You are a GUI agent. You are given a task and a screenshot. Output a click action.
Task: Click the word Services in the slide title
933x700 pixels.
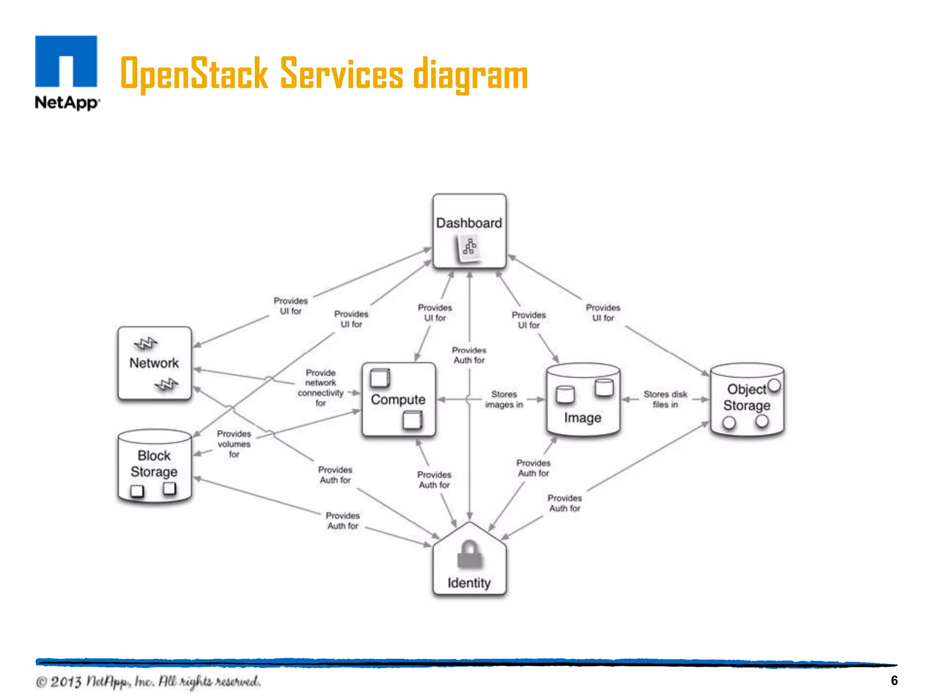(x=341, y=74)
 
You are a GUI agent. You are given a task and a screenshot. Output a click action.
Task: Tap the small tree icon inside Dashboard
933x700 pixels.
(x=469, y=247)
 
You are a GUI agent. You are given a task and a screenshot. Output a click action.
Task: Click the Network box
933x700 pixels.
(x=154, y=363)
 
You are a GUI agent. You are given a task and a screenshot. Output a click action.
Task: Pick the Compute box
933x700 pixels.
(x=398, y=400)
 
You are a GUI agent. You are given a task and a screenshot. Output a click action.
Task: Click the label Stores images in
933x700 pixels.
(x=504, y=399)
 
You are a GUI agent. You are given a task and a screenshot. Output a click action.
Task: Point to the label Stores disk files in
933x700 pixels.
(x=665, y=399)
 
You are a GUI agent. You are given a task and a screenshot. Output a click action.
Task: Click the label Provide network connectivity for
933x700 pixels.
(x=321, y=388)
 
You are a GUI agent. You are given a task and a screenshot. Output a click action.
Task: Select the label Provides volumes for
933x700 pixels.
(x=234, y=444)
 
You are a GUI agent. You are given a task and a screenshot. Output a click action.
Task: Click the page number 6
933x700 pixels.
(x=894, y=680)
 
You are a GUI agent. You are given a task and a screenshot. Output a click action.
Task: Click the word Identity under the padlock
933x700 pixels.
(x=469, y=583)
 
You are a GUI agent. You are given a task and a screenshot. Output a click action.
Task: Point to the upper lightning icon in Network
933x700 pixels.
(x=145, y=344)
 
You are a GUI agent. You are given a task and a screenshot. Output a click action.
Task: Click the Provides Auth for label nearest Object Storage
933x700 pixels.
(x=564, y=503)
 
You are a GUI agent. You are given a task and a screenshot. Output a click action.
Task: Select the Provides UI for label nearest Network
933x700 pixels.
(x=291, y=306)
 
